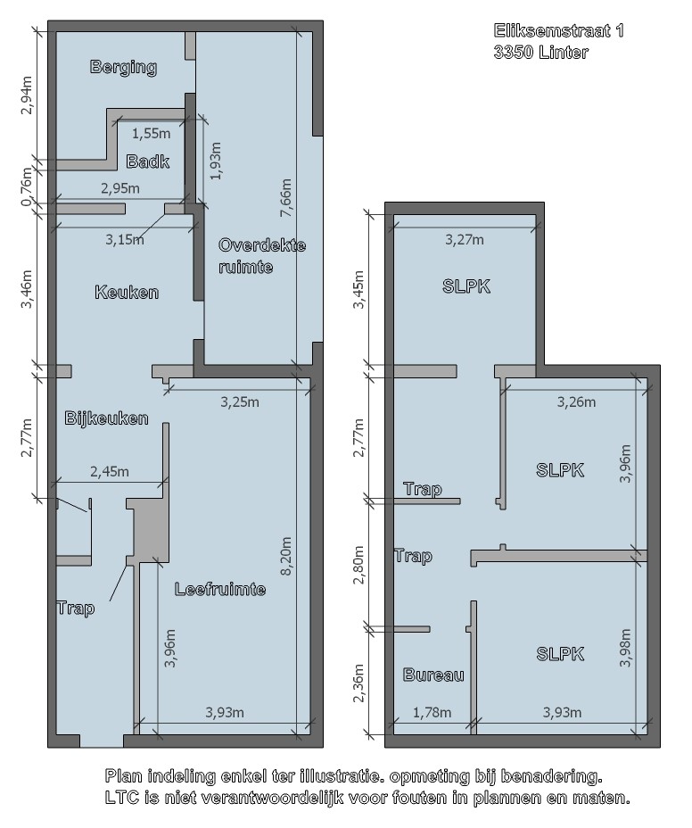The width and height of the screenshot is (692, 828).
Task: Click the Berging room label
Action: pyautogui.click(x=123, y=67)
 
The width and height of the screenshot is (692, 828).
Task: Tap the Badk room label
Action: pyautogui.click(x=148, y=161)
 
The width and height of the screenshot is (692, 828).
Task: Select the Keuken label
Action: pyautogui.click(x=127, y=292)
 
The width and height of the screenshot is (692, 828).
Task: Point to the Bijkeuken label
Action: pyautogui.click(x=106, y=418)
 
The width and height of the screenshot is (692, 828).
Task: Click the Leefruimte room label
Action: pyautogui.click(x=220, y=589)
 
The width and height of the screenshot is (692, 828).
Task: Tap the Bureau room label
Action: pyautogui.click(x=433, y=675)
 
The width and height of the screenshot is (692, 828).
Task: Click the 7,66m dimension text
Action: pyautogui.click(x=285, y=197)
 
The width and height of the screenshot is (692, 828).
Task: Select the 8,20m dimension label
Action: pyautogui.click(x=285, y=556)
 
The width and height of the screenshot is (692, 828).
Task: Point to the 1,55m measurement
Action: pyautogui.click(x=151, y=134)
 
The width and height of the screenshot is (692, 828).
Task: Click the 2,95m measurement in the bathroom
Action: pyautogui.click(x=120, y=188)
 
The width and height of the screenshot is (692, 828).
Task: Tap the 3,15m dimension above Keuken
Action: pyautogui.click(x=125, y=240)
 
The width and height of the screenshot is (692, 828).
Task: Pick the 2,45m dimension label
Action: pyautogui.click(x=110, y=472)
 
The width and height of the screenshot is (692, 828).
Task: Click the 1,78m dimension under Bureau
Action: pyautogui.click(x=432, y=713)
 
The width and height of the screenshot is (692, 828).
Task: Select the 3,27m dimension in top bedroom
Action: pyautogui.click(x=465, y=240)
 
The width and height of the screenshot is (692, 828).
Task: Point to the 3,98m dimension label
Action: pyautogui.click(x=625, y=648)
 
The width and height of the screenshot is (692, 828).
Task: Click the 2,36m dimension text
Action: pyautogui.click(x=359, y=683)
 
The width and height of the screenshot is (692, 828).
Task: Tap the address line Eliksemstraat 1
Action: pyautogui.click(x=559, y=30)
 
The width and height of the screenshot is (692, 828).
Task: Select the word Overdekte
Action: pyautogui.click(x=262, y=245)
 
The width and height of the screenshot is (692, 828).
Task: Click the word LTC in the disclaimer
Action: pyautogui.click(x=122, y=798)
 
